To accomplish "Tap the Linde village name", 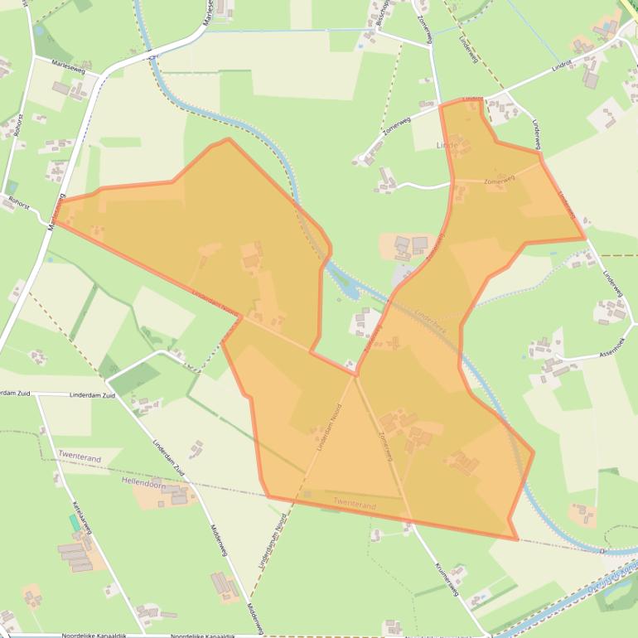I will click(447, 145).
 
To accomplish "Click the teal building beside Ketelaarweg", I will click(75, 523).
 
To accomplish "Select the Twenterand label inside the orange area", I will click(355, 505).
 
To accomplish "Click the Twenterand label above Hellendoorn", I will click(80, 457).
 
